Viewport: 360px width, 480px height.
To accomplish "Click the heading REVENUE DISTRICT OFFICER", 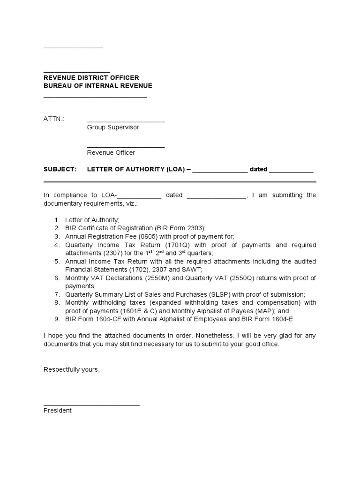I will point(91,78).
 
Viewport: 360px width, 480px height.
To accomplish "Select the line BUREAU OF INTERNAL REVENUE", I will point(97,86).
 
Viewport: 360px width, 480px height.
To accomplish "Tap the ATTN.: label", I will point(53,119).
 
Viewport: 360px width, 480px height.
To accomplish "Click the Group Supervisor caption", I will point(113,127).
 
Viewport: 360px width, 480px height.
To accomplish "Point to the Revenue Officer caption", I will point(111,152).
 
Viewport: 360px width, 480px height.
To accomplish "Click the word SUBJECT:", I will point(60,169).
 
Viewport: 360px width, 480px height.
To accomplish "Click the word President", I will point(58,411).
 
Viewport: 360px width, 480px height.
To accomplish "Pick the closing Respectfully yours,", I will point(72,369).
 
